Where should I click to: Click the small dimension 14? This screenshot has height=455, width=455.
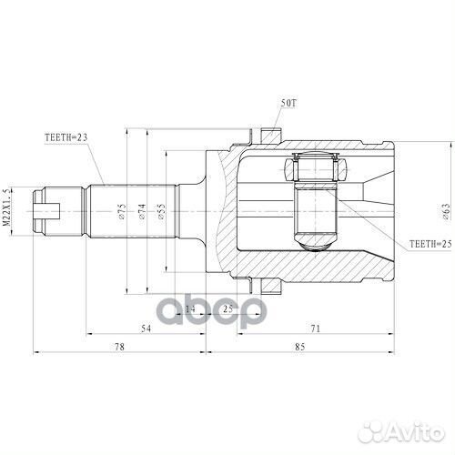190,309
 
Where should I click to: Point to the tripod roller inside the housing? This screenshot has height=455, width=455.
313,169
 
